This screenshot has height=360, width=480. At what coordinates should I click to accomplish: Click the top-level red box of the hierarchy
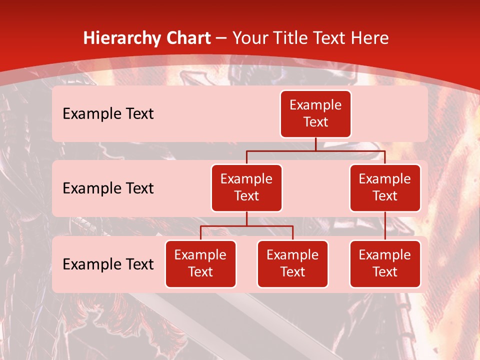(x=315, y=114)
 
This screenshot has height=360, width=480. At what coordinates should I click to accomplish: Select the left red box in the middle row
(x=246, y=188)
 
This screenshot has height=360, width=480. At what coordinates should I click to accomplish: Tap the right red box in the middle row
(x=385, y=188)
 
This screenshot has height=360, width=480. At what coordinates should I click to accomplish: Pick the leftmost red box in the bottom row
(x=200, y=264)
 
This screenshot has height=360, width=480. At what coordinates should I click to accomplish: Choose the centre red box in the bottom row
(x=292, y=264)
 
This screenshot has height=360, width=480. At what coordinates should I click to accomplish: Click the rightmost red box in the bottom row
(x=385, y=264)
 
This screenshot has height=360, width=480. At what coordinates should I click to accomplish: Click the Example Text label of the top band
(x=108, y=114)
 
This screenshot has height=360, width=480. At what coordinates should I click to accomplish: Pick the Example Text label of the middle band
(x=108, y=188)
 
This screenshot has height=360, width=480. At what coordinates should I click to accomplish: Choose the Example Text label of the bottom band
(x=108, y=264)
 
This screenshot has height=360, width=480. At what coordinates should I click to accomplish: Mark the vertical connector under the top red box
(x=315, y=144)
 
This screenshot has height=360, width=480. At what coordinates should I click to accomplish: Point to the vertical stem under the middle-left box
(x=246, y=219)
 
